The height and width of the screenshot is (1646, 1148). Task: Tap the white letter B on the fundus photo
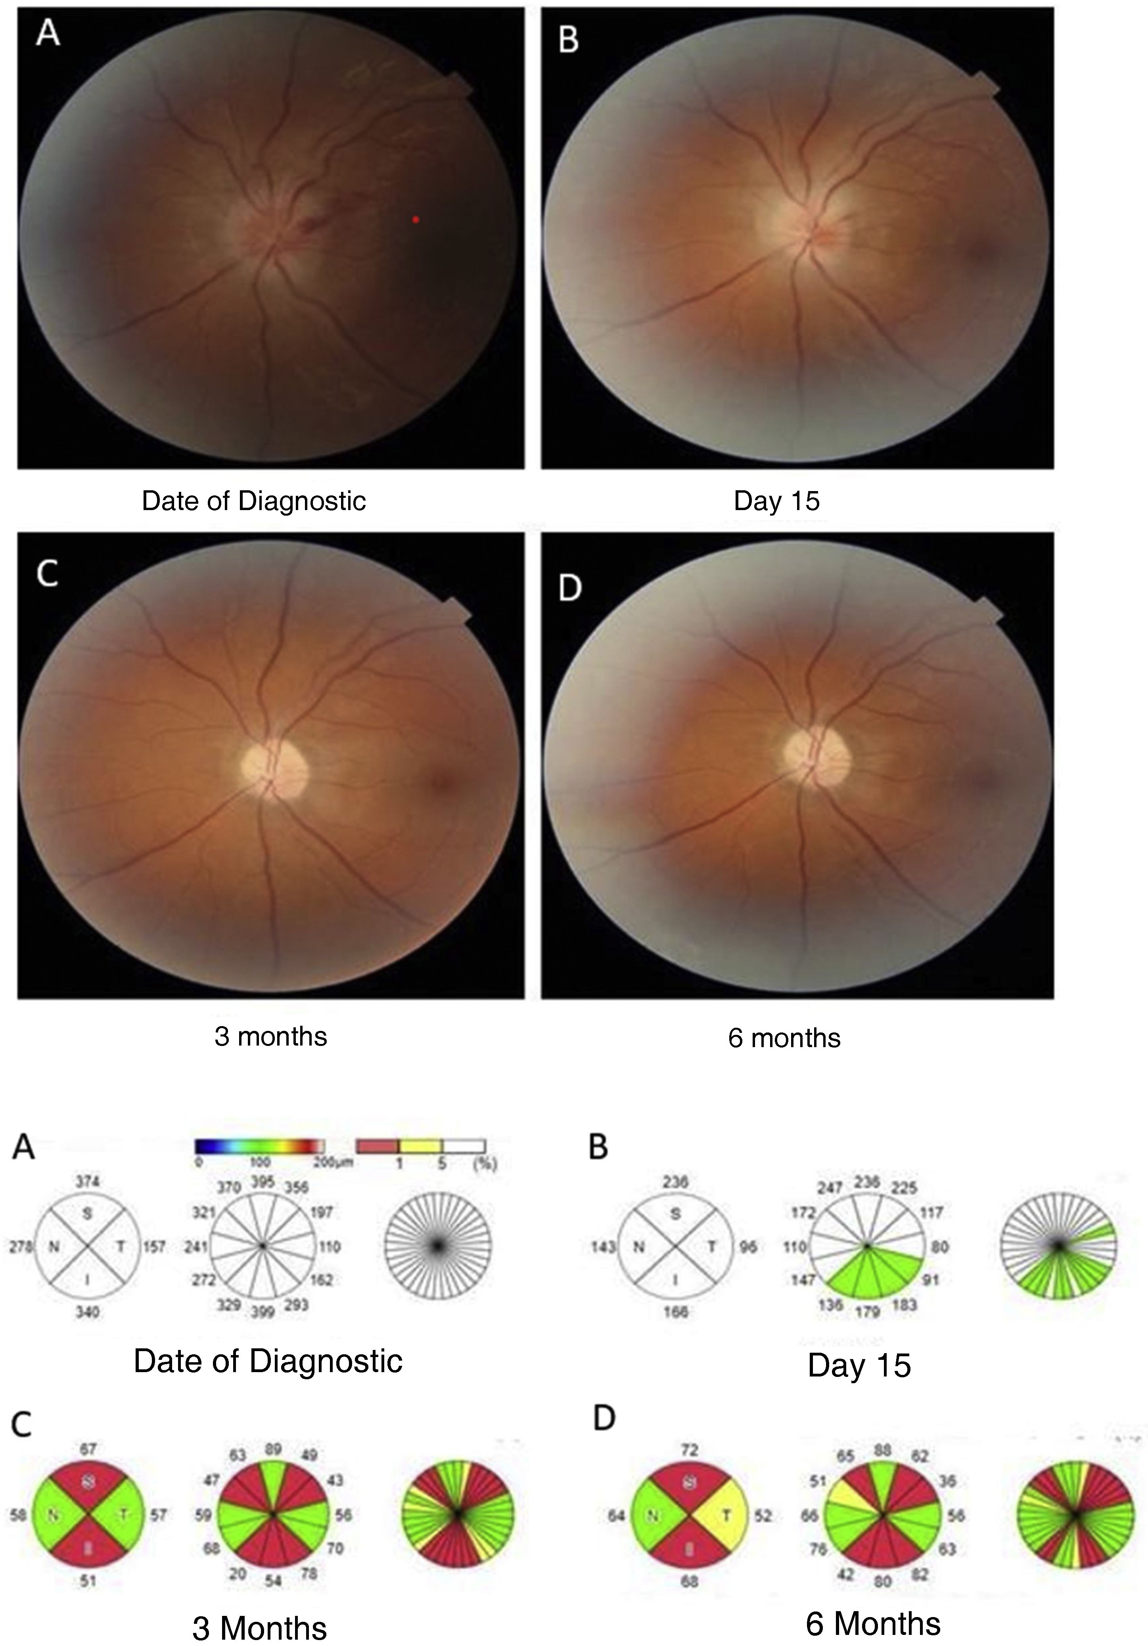point(569,40)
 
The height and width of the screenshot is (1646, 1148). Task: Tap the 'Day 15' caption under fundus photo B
point(776,501)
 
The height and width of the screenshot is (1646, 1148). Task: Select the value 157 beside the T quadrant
point(154,1247)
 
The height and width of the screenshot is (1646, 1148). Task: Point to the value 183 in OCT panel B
point(904,1304)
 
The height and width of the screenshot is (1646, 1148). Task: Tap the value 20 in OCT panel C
point(238,1573)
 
